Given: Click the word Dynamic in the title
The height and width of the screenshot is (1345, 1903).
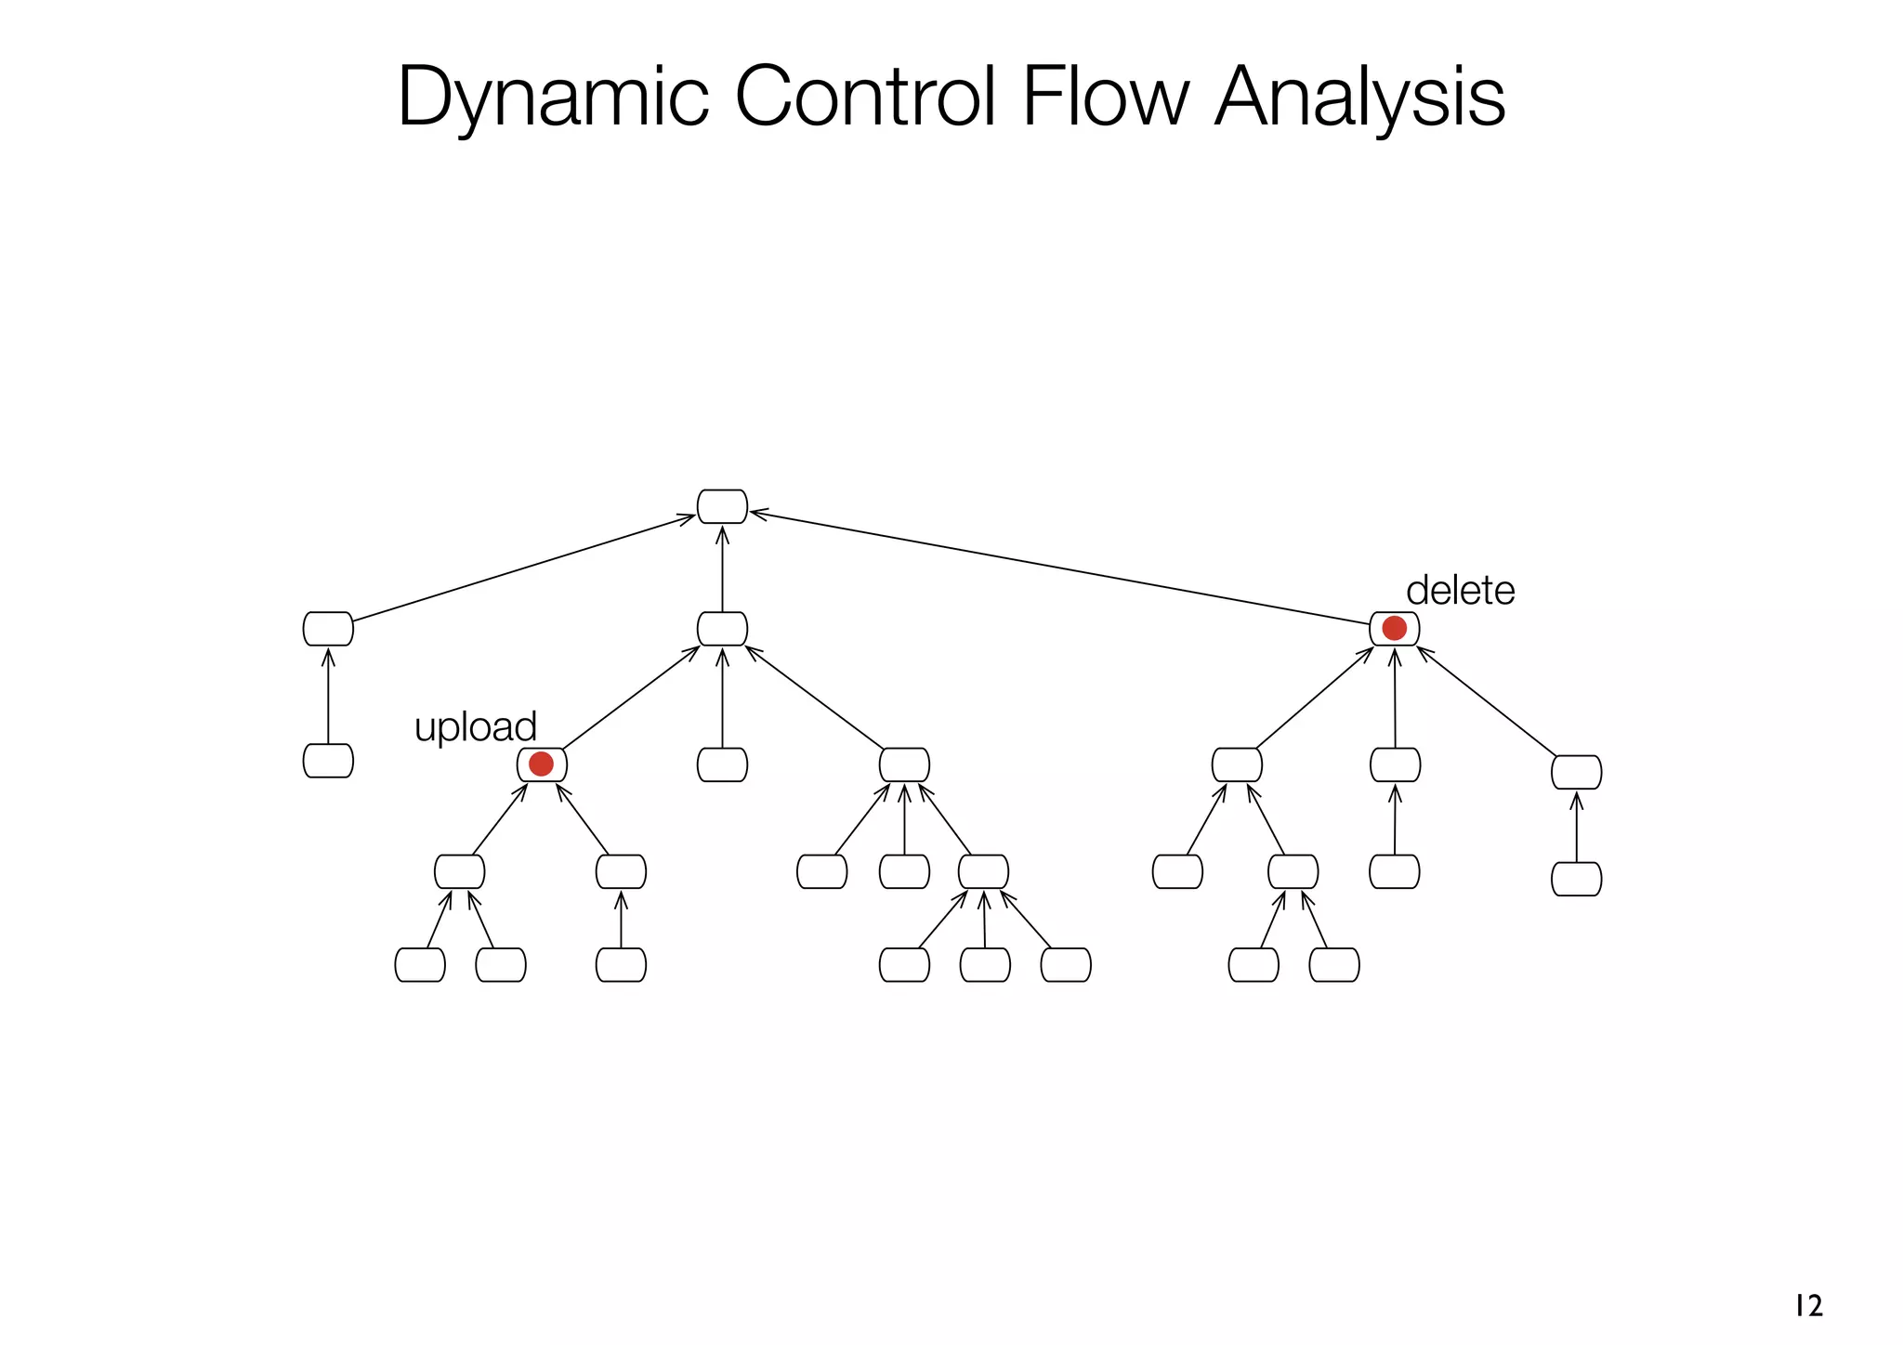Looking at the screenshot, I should (x=553, y=98).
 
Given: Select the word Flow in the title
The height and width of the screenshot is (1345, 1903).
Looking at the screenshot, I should (x=1105, y=98).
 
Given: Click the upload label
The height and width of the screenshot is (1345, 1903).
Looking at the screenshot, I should (x=475, y=726).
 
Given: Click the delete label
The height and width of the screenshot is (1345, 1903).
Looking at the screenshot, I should (x=1460, y=591).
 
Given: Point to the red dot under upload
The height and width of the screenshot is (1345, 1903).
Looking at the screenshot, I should (x=541, y=764).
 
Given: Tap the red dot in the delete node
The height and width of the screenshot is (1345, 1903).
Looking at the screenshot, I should (x=1394, y=628).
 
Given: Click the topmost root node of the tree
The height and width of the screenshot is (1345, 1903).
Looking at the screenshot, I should (x=722, y=506).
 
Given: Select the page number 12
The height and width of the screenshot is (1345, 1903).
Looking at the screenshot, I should (x=1808, y=1306).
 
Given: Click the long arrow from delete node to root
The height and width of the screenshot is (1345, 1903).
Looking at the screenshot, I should (x=1059, y=568).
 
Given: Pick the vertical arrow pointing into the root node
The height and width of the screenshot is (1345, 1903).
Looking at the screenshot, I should (x=722, y=568).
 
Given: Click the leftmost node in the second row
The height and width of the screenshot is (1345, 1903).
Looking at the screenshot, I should (x=328, y=629).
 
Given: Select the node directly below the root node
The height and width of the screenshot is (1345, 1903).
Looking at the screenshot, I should (x=722, y=629).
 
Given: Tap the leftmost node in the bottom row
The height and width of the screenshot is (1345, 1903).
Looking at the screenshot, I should (x=420, y=964).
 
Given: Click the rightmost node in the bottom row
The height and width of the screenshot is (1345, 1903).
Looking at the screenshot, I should (x=1334, y=964).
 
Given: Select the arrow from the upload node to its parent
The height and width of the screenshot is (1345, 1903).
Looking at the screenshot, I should (x=630, y=698).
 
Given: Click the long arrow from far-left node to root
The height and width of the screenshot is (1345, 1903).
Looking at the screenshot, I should (x=523, y=568).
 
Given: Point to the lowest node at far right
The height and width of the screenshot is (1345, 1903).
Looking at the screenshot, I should (x=1576, y=879).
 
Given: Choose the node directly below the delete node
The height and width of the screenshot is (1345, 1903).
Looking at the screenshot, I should (x=1395, y=764).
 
